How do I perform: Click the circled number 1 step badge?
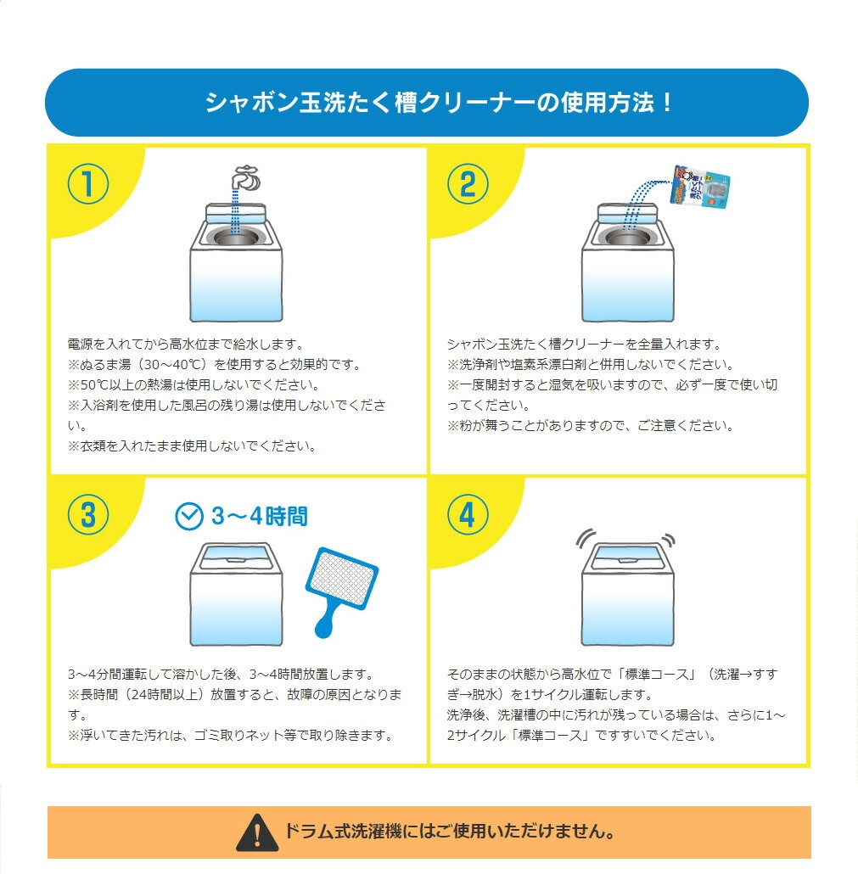click(x=88, y=184)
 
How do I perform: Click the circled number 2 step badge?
click(x=468, y=184)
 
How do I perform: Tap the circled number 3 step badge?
click(x=88, y=514)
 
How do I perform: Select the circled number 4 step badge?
click(x=468, y=514)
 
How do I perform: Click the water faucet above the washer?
click(x=246, y=178)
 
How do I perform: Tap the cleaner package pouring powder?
click(x=699, y=186)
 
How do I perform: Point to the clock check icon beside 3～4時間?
click(x=189, y=516)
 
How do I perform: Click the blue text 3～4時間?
click(x=259, y=516)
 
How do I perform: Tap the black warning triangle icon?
click(x=257, y=832)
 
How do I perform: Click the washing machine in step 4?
click(x=627, y=594)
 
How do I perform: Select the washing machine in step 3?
click(x=237, y=594)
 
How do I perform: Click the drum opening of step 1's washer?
click(x=236, y=236)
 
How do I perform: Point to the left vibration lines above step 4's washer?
click(x=585, y=539)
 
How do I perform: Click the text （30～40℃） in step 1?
click(x=173, y=365)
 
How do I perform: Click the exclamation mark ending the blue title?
click(x=667, y=103)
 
